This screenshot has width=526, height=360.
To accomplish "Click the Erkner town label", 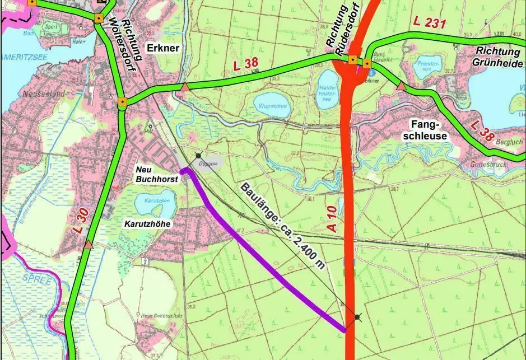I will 163,48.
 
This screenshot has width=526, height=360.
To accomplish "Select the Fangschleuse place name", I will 429,130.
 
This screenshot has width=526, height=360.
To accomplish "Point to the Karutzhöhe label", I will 147,223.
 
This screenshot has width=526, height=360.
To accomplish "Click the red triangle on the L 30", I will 89,245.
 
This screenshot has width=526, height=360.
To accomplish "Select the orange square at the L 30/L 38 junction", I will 122,102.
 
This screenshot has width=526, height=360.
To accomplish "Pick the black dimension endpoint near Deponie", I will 198,155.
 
